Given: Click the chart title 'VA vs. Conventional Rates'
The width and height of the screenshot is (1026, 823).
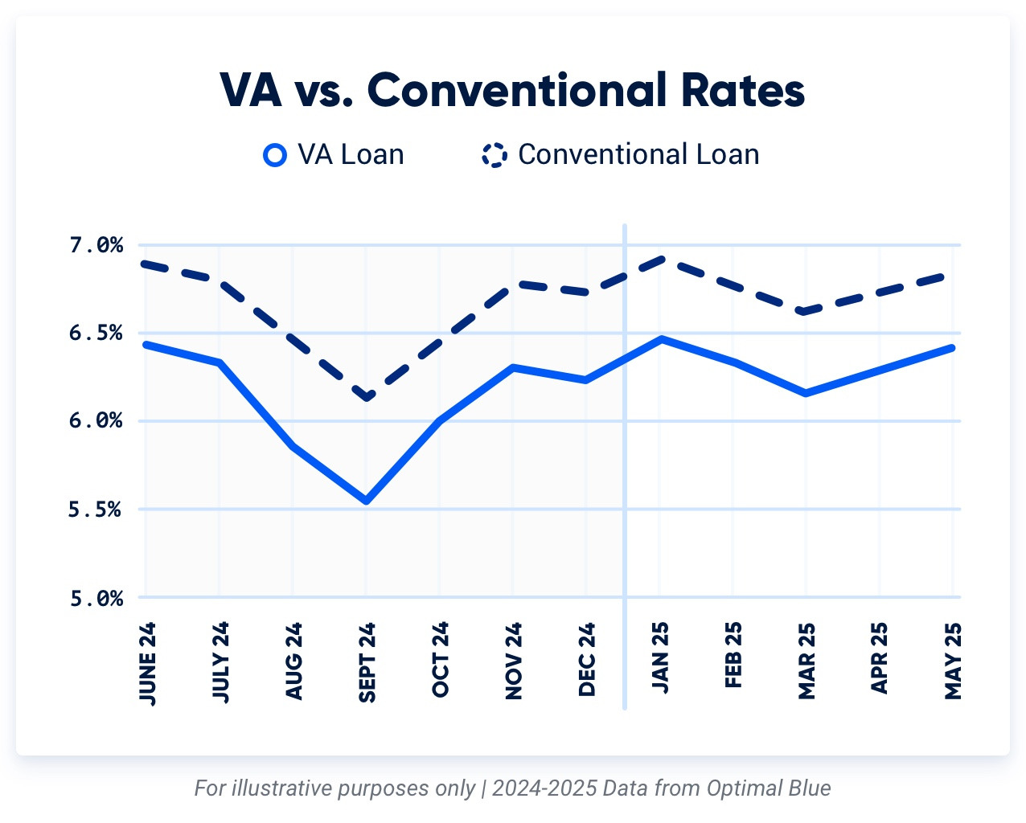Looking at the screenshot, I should (x=512, y=90).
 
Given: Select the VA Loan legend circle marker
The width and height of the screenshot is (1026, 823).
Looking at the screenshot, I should (x=275, y=154).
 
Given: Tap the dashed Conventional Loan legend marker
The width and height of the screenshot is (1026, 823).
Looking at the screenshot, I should (x=494, y=154).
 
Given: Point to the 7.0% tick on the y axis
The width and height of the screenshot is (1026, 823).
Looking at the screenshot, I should (x=96, y=245).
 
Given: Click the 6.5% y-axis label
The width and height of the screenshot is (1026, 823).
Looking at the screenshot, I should (x=96, y=333).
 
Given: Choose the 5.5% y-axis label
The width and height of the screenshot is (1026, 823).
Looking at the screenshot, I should (x=96, y=510).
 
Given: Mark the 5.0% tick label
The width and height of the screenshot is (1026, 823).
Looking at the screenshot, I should (x=96, y=598).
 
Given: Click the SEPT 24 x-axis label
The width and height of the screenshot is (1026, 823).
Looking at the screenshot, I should (x=367, y=662).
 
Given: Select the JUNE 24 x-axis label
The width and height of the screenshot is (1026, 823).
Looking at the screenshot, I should (x=147, y=664).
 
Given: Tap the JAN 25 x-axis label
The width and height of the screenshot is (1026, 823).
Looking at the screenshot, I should (x=660, y=657).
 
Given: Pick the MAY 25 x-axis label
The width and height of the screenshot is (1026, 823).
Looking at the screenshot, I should (x=953, y=661).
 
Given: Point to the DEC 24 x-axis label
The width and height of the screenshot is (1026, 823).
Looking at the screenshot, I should (x=587, y=659).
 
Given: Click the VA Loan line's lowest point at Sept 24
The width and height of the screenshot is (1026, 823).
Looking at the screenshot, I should (x=367, y=501).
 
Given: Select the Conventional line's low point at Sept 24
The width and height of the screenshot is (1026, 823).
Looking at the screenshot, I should (x=367, y=397).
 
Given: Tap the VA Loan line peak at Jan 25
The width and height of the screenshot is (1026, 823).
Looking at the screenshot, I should (x=660, y=339).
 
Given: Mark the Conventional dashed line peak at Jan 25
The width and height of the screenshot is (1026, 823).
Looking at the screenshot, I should (x=660, y=259).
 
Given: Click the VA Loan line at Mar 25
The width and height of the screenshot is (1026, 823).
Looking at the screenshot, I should (x=806, y=393).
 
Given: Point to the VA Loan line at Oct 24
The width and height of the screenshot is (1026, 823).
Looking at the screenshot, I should (x=440, y=420).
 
